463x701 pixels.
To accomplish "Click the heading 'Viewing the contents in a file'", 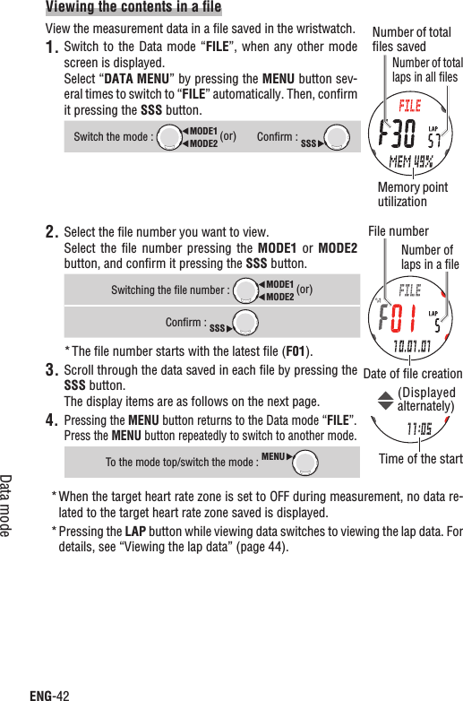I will [x=133, y=9].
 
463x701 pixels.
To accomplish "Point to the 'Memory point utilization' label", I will [x=413, y=195].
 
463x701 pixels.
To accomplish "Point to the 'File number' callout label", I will [x=399, y=231].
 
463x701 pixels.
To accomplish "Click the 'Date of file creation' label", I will [x=413, y=374].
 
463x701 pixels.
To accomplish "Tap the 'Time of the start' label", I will [x=420, y=460].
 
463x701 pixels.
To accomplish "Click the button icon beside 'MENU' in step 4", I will [x=307, y=462].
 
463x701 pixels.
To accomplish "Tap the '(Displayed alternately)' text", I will [x=425, y=399].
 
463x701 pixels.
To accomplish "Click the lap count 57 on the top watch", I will [x=433, y=141].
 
